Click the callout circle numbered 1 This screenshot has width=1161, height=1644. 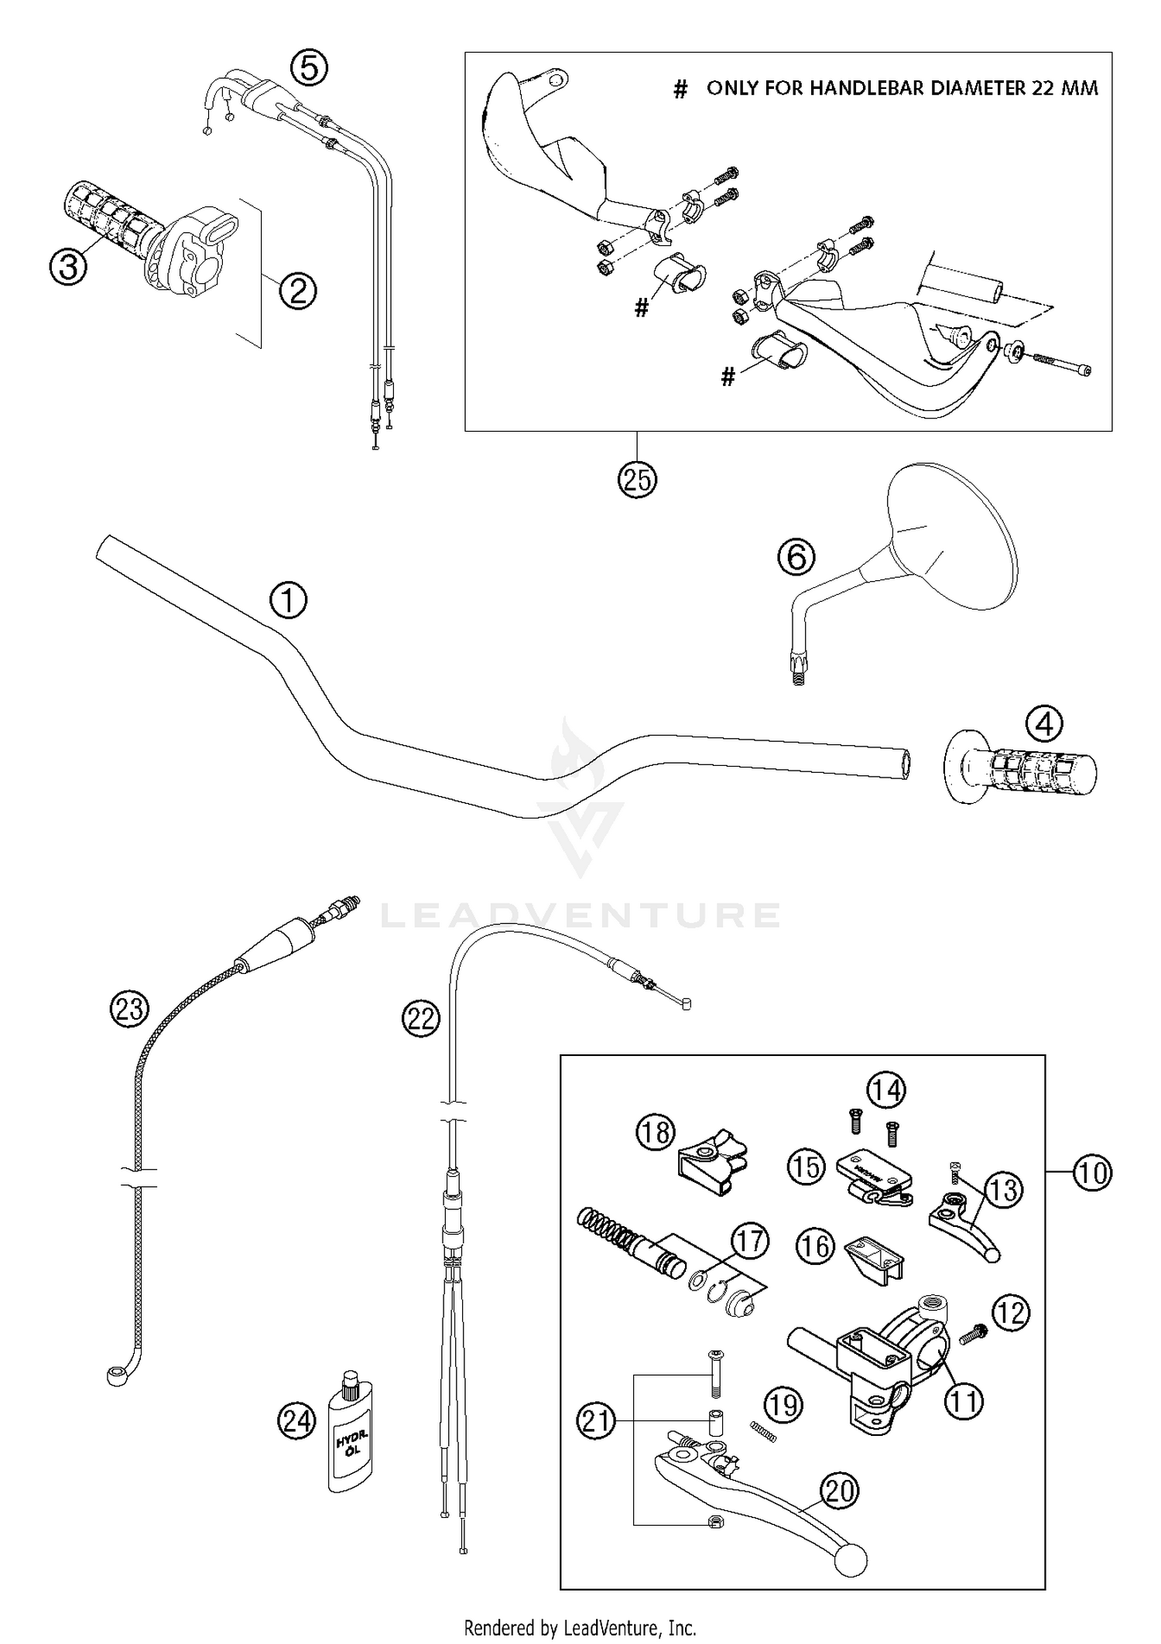[288, 600]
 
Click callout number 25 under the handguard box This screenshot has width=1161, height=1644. [637, 480]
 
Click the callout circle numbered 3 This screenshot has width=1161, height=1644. [69, 267]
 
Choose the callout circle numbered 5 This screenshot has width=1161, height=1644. [308, 67]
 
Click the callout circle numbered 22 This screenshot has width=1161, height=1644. [421, 1018]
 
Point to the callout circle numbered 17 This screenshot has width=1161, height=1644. [749, 1242]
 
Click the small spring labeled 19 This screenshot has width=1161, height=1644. [763, 1433]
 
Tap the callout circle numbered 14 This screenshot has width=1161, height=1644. [885, 1090]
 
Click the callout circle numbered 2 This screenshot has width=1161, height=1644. [298, 291]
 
